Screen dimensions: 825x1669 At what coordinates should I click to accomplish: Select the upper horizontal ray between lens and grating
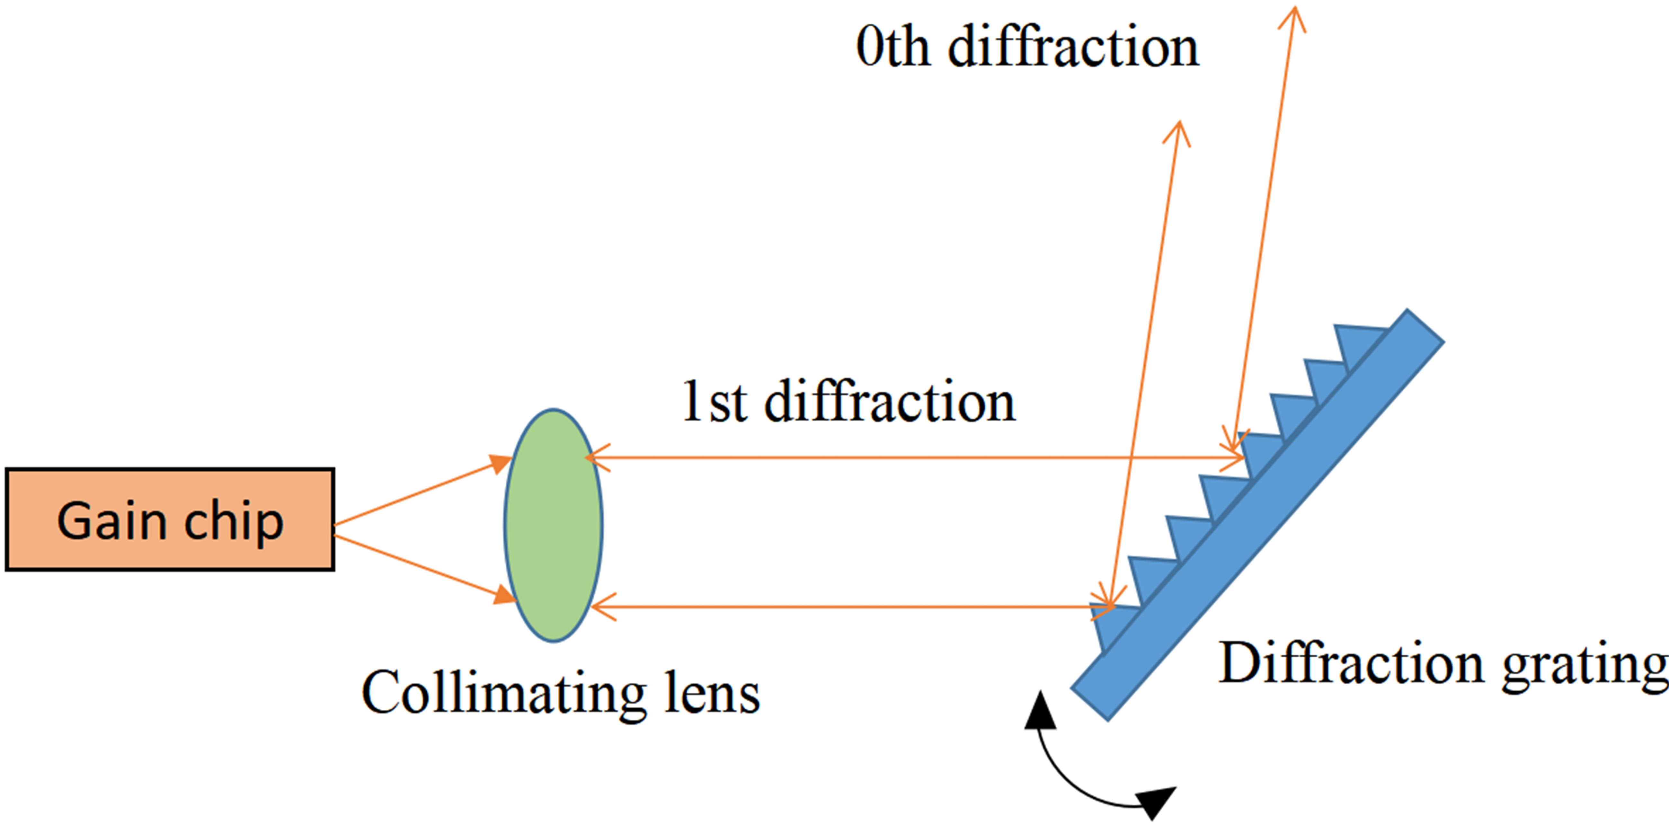click(907, 457)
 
